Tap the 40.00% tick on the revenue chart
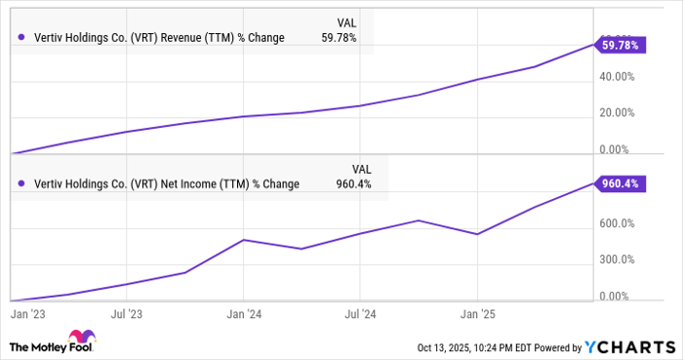(618, 76)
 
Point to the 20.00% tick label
(618, 112)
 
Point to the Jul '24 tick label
(362, 314)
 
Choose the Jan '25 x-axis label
(478, 314)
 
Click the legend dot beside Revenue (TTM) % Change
(21, 38)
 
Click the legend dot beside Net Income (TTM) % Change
(21, 182)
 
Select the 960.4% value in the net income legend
(351, 182)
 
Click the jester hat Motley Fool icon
(20, 346)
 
